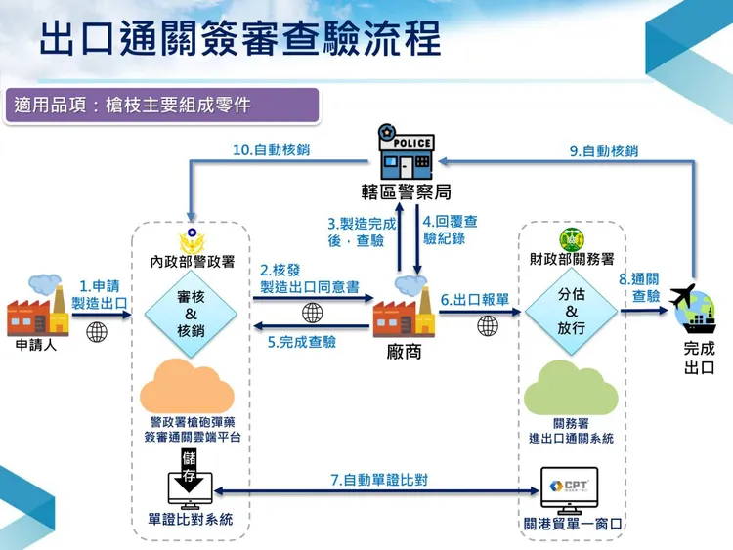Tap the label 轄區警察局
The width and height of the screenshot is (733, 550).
point(406,192)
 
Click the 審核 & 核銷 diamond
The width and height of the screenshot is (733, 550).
point(191,314)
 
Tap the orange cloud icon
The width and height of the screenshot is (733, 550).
point(192,385)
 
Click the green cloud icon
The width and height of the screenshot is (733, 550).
point(571,388)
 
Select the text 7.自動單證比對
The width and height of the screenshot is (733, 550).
point(378,481)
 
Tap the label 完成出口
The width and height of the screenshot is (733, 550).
point(699,358)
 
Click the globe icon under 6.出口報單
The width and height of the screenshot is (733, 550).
point(488,325)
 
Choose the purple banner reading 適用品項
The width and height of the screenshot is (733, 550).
point(161,105)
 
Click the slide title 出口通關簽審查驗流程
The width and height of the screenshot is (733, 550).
point(239,40)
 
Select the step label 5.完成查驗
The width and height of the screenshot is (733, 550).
point(302,342)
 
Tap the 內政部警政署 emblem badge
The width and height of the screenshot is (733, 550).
point(191,241)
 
